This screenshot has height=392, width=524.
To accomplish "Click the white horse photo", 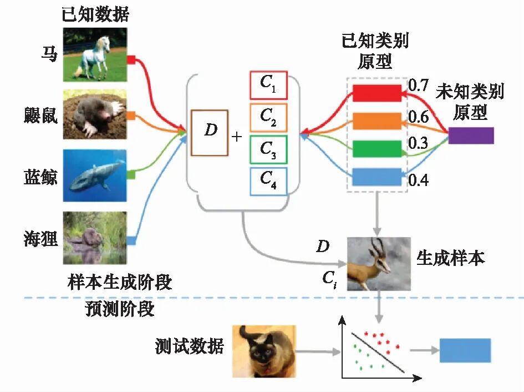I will coord(94,56).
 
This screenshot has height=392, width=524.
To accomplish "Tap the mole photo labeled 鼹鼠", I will coord(94,114).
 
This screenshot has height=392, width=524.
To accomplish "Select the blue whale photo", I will coord(94,175).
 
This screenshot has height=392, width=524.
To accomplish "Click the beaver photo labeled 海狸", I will coord(94,238).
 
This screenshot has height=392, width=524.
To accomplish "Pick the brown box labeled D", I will coord(209,133).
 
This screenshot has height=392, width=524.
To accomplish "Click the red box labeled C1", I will coord(268,85).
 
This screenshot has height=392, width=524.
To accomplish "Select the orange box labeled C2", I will coord(268,117).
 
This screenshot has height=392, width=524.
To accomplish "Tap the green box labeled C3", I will coord(268,149).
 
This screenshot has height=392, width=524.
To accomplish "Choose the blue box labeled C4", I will coord(268,181).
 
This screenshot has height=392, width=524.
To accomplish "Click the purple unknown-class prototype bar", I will coord(471,135).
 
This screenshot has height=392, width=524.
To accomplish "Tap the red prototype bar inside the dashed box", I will coord(377,93).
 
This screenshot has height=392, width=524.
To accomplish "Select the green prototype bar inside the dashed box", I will coord(377,148).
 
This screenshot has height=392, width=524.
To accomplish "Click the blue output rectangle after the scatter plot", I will coord(465,350).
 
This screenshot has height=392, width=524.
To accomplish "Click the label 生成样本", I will coord(450,258).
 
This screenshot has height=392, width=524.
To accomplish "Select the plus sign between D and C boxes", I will coord(237,135).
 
